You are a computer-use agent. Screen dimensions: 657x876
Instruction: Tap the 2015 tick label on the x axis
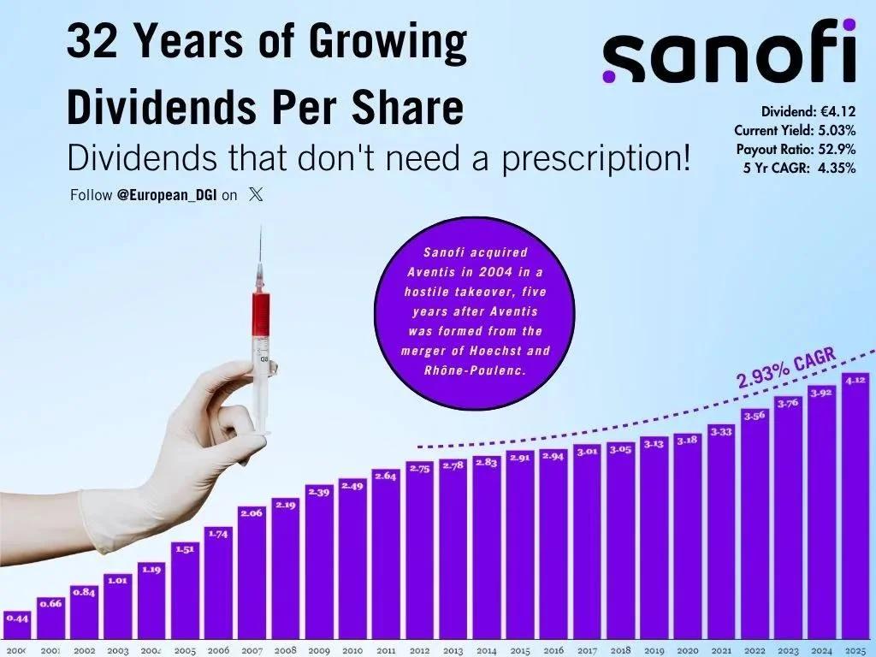[x=520, y=650]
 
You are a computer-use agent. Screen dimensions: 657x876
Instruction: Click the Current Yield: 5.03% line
[x=795, y=130]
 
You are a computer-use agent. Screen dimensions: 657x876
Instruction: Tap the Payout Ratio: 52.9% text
[x=795, y=149]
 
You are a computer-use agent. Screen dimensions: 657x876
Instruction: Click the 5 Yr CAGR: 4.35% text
[x=801, y=168]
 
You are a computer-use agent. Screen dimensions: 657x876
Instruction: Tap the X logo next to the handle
[x=256, y=194]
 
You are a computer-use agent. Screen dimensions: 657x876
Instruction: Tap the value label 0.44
[x=16, y=617]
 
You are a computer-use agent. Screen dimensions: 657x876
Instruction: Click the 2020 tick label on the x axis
[x=688, y=650]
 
